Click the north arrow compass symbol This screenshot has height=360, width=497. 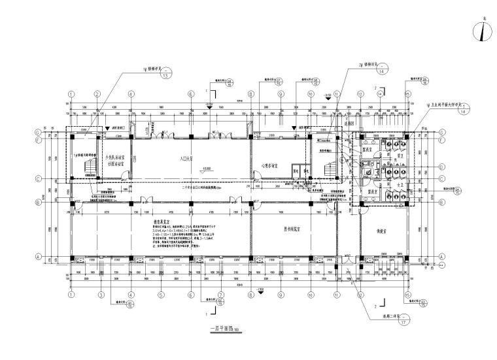[x=482, y=31]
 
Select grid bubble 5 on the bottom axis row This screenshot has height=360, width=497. [x=160, y=295]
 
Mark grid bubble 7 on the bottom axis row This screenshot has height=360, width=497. [x=220, y=295]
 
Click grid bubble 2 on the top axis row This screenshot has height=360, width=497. [x=97, y=94]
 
